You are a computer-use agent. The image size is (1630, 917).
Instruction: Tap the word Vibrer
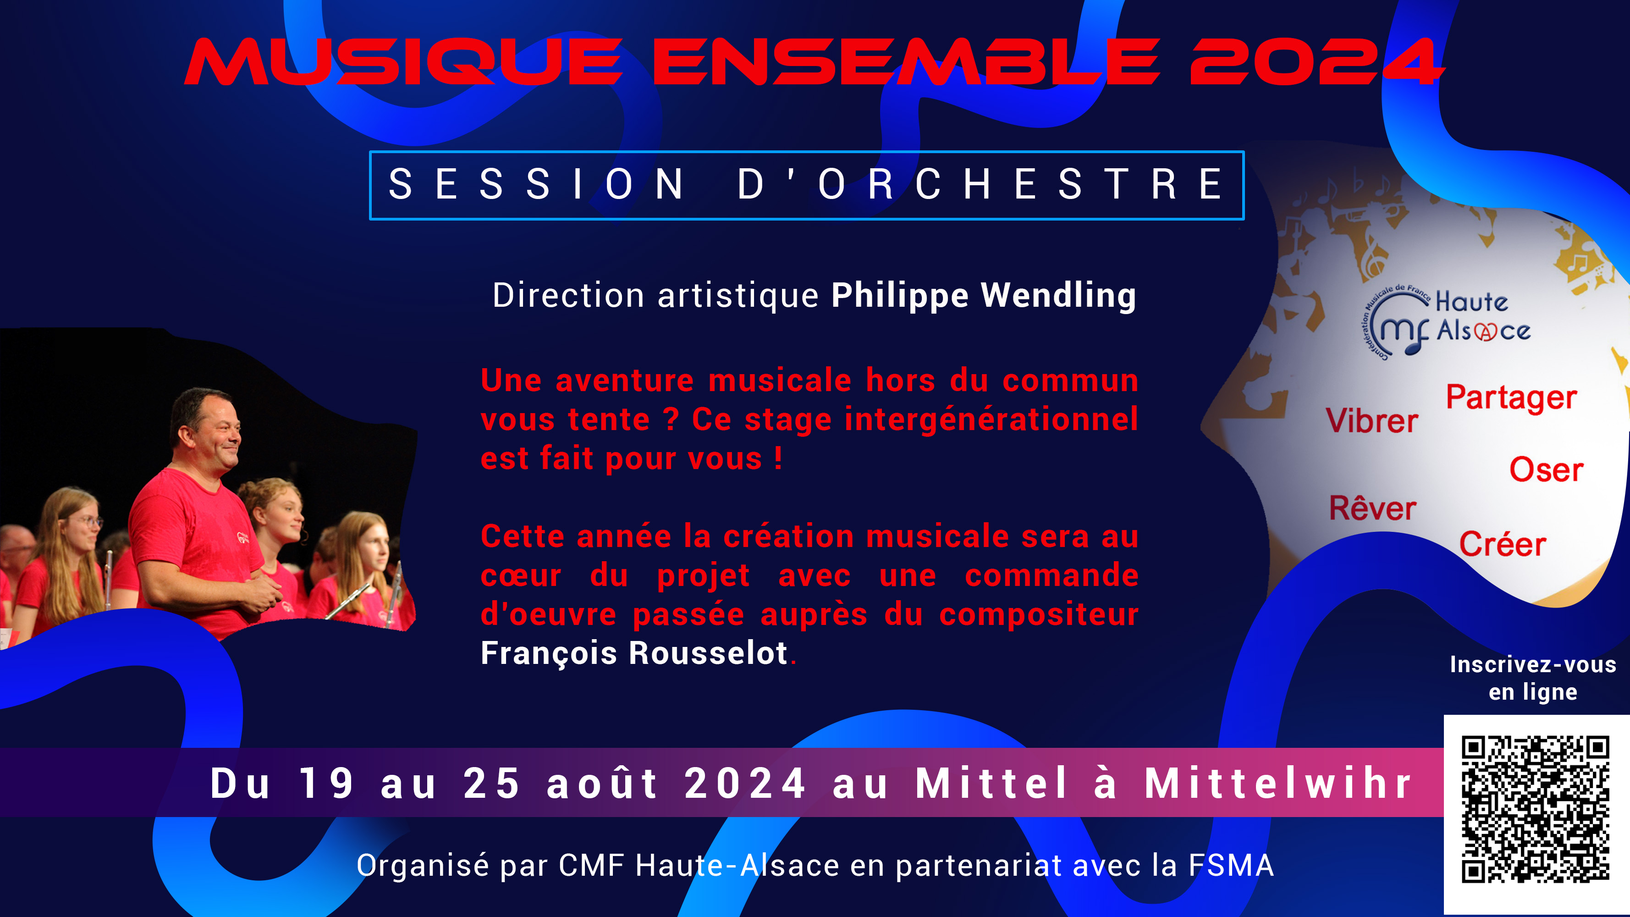point(1371,421)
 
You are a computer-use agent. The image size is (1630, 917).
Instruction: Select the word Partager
point(1511,398)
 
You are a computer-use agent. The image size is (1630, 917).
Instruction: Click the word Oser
point(1546,470)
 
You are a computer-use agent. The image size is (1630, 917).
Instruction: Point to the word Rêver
point(1372,509)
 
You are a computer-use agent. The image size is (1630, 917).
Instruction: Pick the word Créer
point(1502,544)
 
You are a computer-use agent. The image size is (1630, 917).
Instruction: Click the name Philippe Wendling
point(983,296)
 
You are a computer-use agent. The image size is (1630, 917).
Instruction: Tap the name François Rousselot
point(634,653)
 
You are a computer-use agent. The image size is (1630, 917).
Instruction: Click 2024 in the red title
point(1316,62)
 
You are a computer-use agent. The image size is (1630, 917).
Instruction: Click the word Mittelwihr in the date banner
point(1278,784)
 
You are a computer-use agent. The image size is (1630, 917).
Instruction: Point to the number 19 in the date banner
point(326,784)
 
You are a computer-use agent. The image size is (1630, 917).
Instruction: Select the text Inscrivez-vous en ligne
point(1532,678)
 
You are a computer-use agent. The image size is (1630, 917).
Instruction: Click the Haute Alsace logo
point(1446,321)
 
